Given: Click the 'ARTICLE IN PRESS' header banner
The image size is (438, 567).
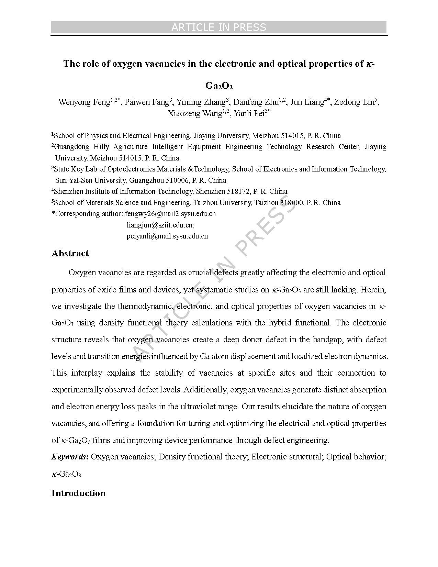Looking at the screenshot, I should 219,27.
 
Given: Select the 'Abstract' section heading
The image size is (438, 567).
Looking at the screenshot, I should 70,253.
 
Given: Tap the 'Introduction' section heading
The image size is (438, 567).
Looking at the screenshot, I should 78,493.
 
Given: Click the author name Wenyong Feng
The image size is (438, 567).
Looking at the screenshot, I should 84,102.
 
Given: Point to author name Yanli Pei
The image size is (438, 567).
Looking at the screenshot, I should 249,113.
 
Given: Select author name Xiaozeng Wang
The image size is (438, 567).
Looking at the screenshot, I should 195,113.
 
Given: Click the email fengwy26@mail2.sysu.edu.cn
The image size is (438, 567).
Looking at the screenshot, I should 170,214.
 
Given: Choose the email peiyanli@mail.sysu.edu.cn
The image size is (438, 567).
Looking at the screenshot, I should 167,236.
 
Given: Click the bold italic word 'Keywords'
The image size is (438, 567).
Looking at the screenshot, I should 69,457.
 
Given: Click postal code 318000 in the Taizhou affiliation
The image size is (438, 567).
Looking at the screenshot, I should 292,203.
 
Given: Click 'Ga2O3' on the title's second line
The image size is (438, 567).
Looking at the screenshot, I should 219,86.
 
